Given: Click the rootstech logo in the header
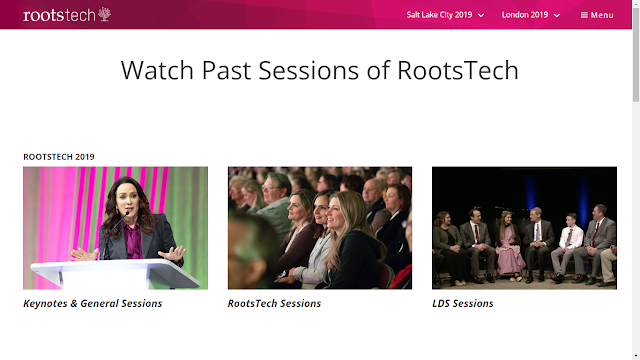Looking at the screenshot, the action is pos(67,15).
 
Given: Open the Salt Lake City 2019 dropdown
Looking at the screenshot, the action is pos(445,15).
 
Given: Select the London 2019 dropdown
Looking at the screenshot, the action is pos(531,15).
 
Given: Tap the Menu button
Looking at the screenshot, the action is pos(597,15).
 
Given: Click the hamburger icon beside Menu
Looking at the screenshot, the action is pos(584,15).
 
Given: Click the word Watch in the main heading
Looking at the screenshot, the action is pos(157,70).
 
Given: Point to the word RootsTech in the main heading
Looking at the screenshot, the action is pos(458,70).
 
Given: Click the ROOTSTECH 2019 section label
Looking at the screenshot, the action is pos(59,157).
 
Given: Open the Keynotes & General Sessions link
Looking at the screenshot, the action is pos(93,303).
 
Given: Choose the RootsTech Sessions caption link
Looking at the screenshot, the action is pos(274,303).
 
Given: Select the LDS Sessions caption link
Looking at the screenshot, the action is pos(463,303).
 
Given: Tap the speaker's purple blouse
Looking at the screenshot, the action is pos(133,241).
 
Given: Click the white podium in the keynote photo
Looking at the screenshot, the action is pos(115,273).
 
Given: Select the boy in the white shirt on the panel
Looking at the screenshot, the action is pos(567,247).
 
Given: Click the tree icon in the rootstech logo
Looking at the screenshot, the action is pos(104,14).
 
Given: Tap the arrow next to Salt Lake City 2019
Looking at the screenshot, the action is pos(481,16).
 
